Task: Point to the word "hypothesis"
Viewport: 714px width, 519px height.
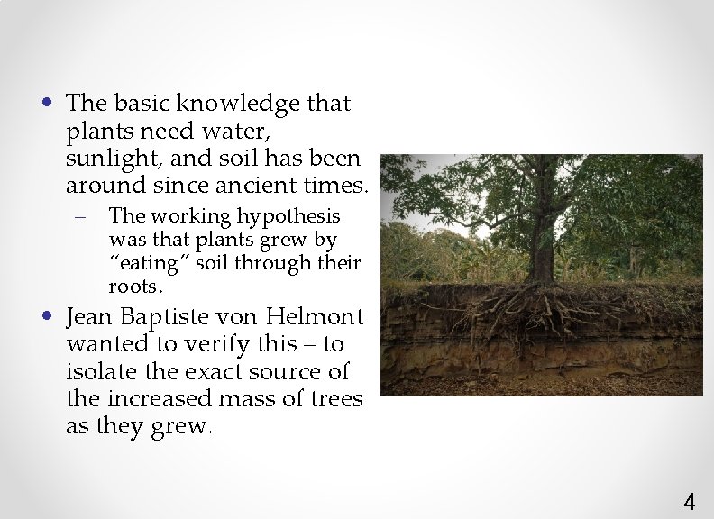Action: (289, 217)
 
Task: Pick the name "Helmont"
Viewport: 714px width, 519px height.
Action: (320, 317)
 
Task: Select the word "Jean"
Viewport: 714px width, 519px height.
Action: (91, 317)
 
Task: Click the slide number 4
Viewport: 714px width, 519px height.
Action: (690, 501)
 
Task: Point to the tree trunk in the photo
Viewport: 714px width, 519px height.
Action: (543, 225)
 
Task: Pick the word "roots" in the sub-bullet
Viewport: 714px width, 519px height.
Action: (134, 286)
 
